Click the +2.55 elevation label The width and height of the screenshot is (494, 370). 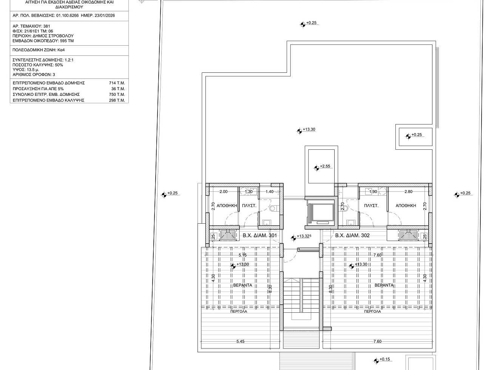tap(325, 166)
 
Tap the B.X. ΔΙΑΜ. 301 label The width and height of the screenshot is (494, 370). tap(260, 235)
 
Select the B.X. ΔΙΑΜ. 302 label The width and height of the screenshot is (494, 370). tap(352, 235)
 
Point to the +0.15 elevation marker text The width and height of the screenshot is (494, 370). tap(384, 359)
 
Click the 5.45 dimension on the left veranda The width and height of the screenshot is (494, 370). tap(240, 341)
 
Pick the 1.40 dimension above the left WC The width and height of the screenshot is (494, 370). tap(269, 192)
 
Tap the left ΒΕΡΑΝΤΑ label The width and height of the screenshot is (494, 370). tap(242, 285)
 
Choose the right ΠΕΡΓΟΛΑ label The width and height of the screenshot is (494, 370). tap(372, 312)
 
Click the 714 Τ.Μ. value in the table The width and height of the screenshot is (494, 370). tap(117, 83)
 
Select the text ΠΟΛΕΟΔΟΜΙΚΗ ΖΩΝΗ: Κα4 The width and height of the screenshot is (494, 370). tap(39, 50)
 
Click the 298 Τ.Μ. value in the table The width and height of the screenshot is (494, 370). tap(117, 100)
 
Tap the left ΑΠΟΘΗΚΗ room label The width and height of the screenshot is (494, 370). tap(227, 206)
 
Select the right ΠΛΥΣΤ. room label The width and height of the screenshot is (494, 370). tap(371, 206)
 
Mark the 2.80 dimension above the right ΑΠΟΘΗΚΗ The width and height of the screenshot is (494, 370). tap(409, 192)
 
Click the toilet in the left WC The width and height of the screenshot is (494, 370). tap(273, 209)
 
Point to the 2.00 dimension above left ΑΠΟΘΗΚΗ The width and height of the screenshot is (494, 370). tap(224, 192)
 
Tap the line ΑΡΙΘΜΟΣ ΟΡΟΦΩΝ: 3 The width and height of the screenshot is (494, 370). tap(34, 75)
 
